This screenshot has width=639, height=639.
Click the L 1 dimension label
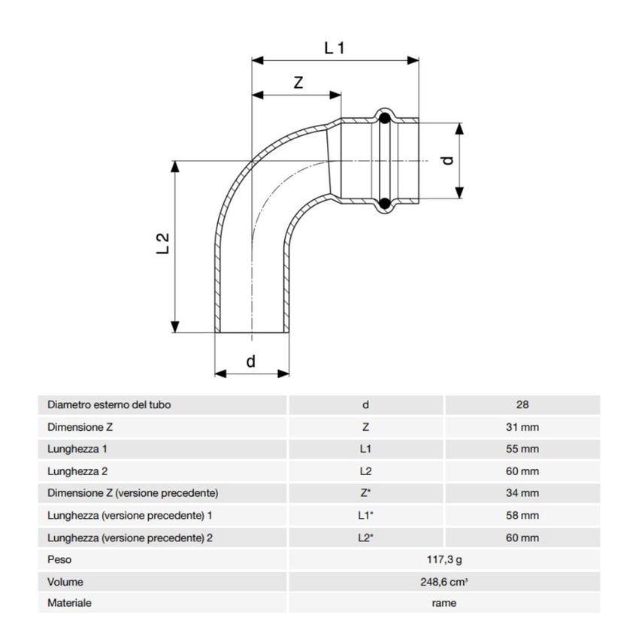(x=334, y=48)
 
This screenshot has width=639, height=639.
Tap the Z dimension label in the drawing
(x=298, y=83)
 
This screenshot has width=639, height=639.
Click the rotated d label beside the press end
(x=447, y=159)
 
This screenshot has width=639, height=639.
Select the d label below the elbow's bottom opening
(x=251, y=362)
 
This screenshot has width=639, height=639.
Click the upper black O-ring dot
(x=384, y=118)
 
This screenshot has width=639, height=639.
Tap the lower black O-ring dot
(x=384, y=203)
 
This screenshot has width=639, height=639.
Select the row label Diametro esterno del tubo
(x=109, y=404)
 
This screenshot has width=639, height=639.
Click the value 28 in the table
(x=522, y=404)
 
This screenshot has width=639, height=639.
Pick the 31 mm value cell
(x=522, y=427)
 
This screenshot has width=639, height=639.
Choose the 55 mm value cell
(x=522, y=449)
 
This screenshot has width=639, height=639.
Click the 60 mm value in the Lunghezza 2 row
(x=522, y=471)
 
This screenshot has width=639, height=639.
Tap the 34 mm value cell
(x=522, y=493)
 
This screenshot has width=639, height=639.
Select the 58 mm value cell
(x=522, y=516)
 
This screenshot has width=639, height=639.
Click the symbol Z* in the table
(x=366, y=493)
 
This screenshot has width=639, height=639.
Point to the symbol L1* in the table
(x=366, y=516)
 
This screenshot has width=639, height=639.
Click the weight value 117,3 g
(x=444, y=559)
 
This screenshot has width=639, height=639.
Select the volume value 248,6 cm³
(x=444, y=581)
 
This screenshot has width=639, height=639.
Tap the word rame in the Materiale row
(x=444, y=603)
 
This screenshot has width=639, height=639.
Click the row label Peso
(x=59, y=559)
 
